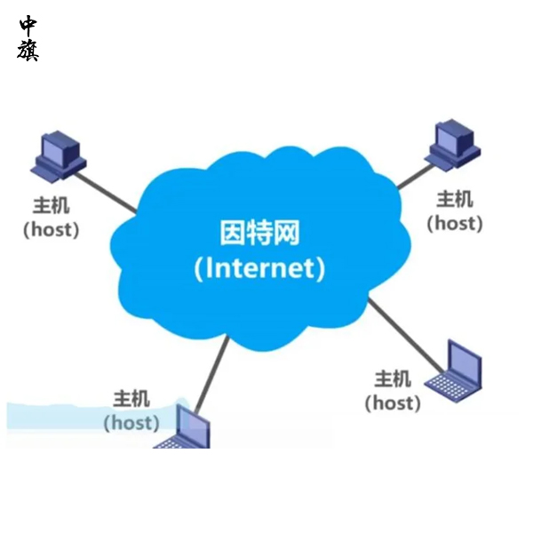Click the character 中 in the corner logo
click(28, 25)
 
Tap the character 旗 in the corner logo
click(28, 50)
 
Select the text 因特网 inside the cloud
click(259, 234)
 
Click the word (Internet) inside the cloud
click(259, 267)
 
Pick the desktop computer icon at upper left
click(60, 156)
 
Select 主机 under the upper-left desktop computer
click(51, 205)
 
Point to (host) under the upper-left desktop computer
click(51, 229)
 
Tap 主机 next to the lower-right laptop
click(393, 378)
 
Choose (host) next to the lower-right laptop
click(393, 402)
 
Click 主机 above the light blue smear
click(131, 399)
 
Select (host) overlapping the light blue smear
click(131, 423)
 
